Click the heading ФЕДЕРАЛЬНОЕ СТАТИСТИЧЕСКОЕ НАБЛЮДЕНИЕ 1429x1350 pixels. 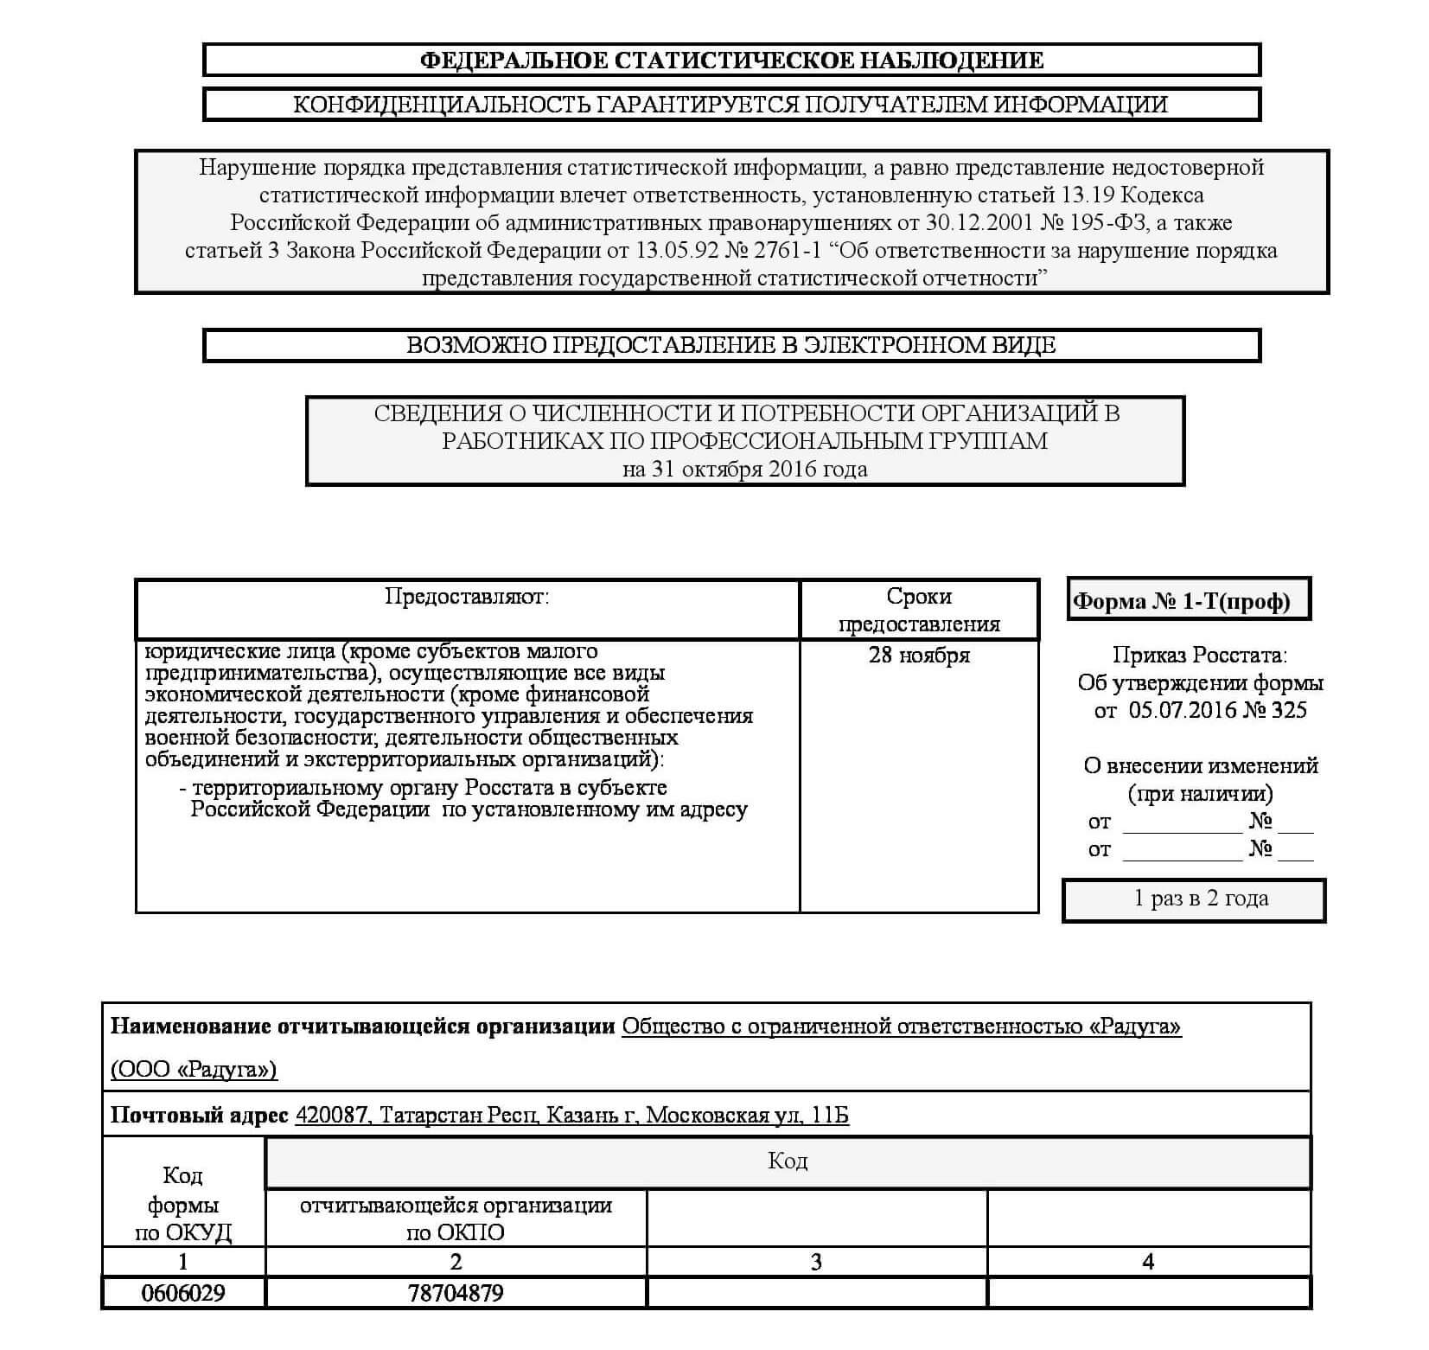731,61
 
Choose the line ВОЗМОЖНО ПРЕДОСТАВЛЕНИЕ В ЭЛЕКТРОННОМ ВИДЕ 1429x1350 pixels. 731,345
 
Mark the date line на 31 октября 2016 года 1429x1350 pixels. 744,470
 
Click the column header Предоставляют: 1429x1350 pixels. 467,597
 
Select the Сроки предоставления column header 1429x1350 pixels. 919,610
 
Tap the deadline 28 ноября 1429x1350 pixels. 919,656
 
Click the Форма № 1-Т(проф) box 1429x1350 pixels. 1189,600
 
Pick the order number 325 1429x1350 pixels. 1290,711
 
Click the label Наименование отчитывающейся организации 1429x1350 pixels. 362,1027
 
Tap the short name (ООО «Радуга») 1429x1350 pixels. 194,1070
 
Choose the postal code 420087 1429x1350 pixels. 331,1116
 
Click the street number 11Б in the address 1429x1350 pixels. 830,1116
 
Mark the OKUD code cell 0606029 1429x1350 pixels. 183,1293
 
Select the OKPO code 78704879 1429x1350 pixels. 456,1293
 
